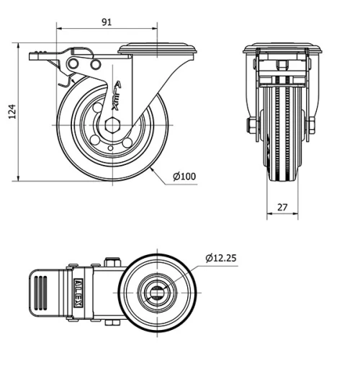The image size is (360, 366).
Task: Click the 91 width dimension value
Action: click(106, 22)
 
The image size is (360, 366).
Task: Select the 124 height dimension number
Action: click(11, 112)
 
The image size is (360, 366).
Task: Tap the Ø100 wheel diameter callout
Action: click(185, 177)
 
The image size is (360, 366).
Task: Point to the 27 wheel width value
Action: click(282, 207)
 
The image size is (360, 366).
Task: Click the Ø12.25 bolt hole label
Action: click(221, 257)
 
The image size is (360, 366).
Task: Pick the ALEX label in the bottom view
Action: click(77, 290)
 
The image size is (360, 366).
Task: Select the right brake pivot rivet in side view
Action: click(94, 66)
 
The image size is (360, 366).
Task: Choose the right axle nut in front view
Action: click(312, 128)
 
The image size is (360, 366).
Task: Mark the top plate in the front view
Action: click(282, 50)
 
